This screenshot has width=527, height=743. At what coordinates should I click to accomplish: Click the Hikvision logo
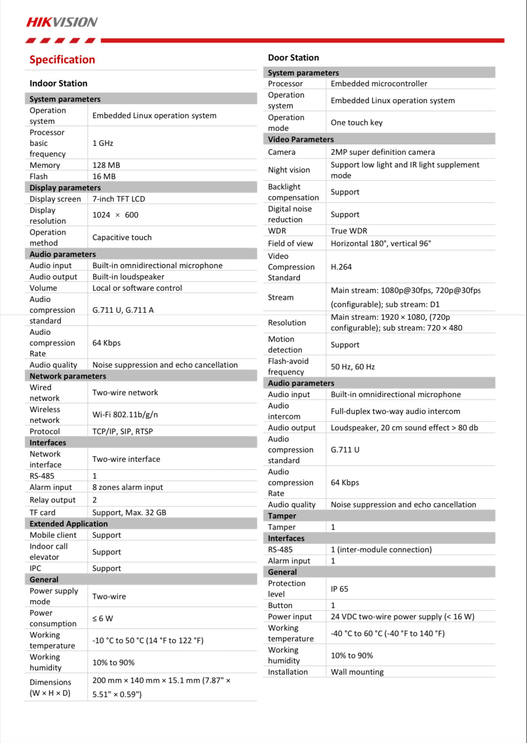point(61,22)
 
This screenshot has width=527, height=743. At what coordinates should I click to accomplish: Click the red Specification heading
point(62,60)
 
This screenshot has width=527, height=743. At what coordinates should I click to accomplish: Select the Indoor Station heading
point(58,83)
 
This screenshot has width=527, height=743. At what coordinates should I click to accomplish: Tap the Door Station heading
point(294,58)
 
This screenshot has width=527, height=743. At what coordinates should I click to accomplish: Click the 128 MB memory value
point(106,165)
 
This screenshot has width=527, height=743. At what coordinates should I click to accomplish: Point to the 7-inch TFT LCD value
point(119,199)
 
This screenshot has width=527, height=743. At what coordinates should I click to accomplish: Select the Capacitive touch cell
point(122,237)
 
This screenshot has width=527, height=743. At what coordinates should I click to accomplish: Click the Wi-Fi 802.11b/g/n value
point(125,414)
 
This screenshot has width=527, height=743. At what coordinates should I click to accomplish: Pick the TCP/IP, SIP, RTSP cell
point(122,431)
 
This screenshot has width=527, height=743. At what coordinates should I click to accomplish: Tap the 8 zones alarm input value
point(128,487)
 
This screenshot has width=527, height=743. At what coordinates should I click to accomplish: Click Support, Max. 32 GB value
point(129,512)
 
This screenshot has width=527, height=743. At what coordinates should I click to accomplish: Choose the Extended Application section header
point(68,524)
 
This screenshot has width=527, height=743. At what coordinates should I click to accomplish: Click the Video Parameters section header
point(301,139)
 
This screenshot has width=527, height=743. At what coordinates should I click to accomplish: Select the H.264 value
point(341,267)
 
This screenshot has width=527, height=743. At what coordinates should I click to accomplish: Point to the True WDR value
point(349,231)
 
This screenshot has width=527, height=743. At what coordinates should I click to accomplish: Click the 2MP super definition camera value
point(383,152)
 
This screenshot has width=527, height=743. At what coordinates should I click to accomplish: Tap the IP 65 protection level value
point(339,589)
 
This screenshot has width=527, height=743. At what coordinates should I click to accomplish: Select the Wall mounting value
point(357,672)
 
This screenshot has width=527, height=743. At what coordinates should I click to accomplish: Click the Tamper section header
point(282,516)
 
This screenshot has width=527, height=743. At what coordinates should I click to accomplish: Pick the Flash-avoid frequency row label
point(288,367)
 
